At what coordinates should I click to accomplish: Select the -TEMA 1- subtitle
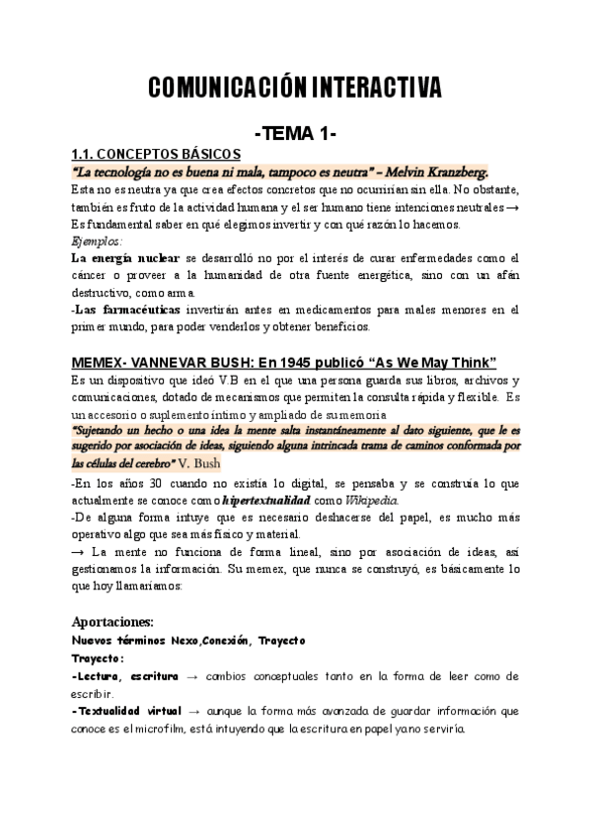296,132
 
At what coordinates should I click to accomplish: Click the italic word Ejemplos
97,241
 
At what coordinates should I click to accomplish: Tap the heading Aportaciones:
112,622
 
